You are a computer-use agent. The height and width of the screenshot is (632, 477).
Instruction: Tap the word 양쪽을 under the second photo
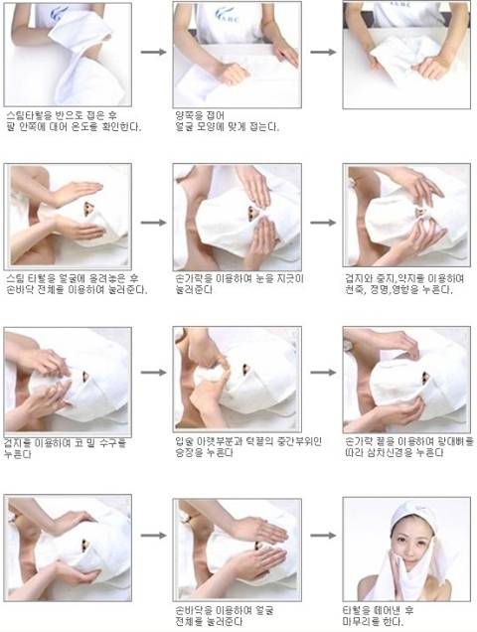tap(189, 116)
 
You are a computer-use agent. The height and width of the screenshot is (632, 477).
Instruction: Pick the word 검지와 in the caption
tap(359, 279)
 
